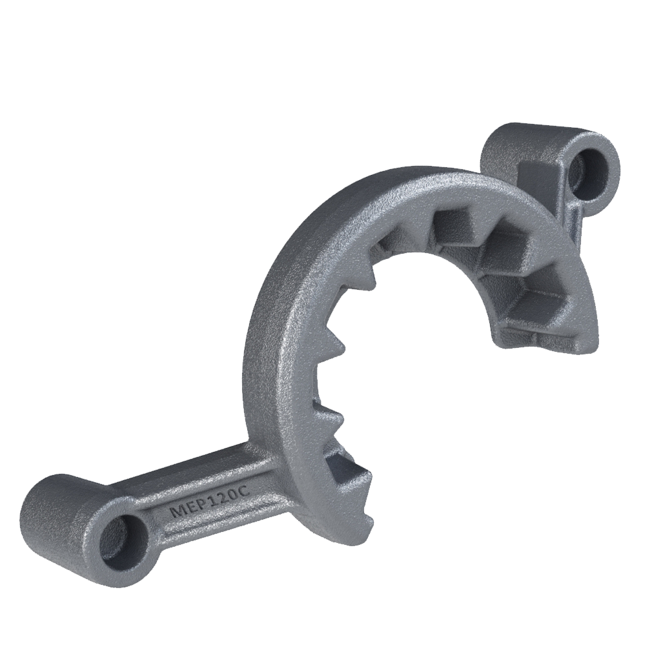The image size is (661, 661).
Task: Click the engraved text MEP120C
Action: (x=208, y=501)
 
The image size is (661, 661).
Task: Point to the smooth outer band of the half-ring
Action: (x=278, y=323)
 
